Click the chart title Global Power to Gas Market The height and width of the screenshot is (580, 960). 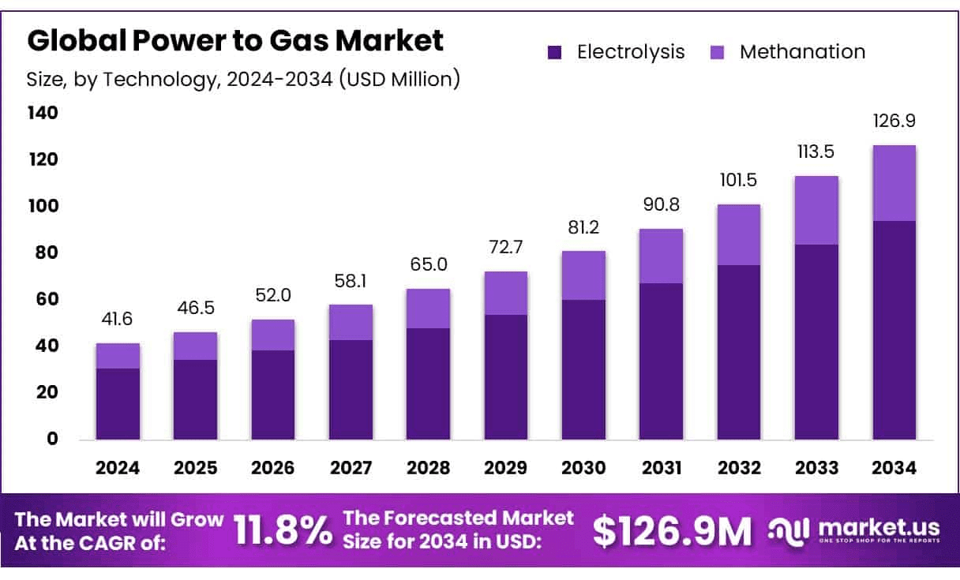pos(235,41)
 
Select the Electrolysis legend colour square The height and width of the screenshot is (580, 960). pos(555,53)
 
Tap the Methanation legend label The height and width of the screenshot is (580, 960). pos(802,52)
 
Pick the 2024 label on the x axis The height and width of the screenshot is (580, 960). pos(118,468)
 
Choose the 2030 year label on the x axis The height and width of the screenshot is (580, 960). pos(583,468)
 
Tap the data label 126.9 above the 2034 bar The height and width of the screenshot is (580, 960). pos(894,122)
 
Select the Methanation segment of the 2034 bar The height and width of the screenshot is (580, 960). pos(894,183)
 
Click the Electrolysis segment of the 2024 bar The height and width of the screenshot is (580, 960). pos(118,403)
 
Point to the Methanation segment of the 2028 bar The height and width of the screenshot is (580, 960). pos(428,309)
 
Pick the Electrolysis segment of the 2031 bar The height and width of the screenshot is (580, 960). pos(661,361)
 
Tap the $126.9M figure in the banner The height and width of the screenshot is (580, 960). pos(673,532)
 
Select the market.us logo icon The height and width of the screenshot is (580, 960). pos(790,530)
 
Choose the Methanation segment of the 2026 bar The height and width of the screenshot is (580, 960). pos(273,335)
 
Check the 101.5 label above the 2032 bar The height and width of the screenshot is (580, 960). pos(738,181)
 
